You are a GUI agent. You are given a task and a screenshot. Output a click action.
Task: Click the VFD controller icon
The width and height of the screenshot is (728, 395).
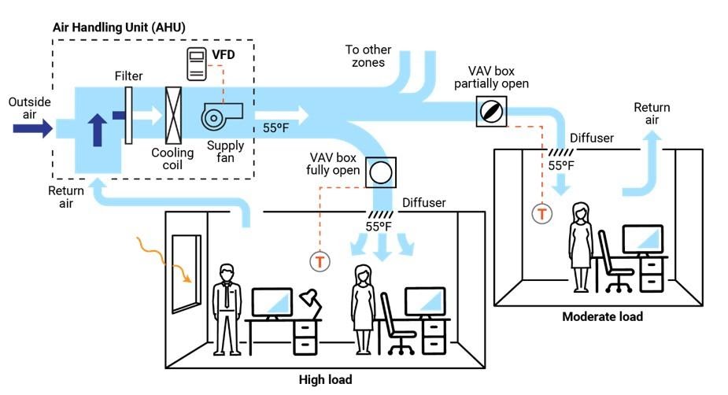pos(196,63)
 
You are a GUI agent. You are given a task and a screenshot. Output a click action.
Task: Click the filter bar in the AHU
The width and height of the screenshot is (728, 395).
pos(127,115)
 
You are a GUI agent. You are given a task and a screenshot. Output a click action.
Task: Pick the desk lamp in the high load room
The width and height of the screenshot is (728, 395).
pos(308,301)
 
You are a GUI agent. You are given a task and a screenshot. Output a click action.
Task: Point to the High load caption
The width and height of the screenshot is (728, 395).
pos(325,379)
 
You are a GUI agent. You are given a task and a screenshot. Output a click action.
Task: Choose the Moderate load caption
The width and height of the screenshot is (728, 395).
pos(602,317)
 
